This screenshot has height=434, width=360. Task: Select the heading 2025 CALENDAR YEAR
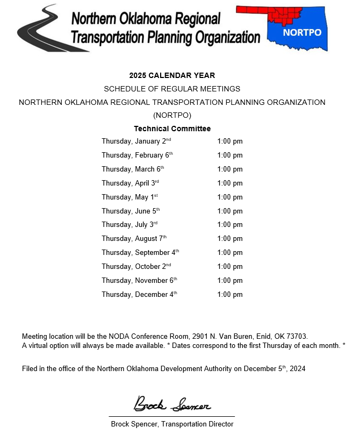point(172,75)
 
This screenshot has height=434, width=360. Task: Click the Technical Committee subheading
point(172,129)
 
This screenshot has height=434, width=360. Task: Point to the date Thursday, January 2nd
point(136,141)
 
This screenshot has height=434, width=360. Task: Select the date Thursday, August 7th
point(134,239)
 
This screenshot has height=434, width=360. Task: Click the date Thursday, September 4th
point(140,253)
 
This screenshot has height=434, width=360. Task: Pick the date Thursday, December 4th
point(139,295)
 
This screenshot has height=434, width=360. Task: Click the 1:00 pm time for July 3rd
point(230,225)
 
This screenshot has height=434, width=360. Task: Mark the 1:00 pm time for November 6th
point(230,281)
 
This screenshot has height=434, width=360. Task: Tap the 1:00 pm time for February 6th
point(230,155)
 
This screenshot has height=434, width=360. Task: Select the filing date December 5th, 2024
point(275,369)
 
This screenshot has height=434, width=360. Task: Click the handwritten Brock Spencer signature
point(172,404)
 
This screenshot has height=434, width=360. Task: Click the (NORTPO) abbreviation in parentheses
point(172,115)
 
